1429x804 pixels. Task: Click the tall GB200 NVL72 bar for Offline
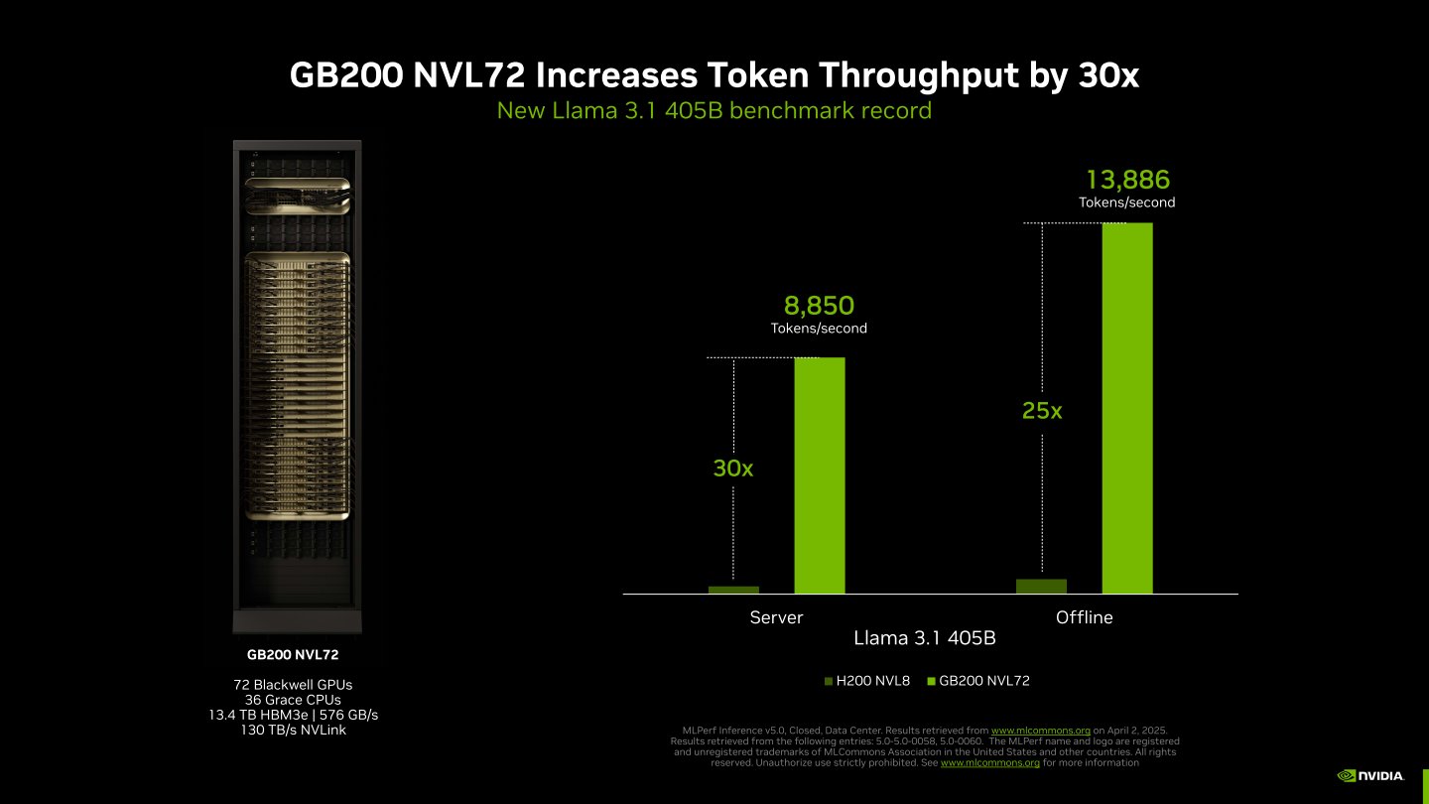[x=1127, y=408]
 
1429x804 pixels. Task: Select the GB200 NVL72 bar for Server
[x=819, y=475]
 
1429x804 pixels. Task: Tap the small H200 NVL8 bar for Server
[x=733, y=590]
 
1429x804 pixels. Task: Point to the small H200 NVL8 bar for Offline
[x=1041, y=587]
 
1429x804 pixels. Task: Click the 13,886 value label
[x=1127, y=180]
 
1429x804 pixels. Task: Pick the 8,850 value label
[x=819, y=306]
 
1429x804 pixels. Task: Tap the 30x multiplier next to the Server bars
[x=733, y=469]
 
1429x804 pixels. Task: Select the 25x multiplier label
[x=1042, y=410]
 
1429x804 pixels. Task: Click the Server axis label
[x=776, y=617]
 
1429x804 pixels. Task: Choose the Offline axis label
[x=1085, y=617]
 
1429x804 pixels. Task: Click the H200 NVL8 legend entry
[x=867, y=681]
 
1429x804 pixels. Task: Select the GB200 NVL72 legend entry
[x=977, y=681]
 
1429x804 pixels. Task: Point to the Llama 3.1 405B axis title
[x=925, y=638]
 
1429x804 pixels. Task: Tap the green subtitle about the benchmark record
[x=714, y=110]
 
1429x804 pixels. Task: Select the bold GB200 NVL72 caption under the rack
[x=299, y=655]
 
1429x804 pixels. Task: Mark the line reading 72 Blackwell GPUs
[x=299, y=685]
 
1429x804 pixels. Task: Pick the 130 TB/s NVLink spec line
[x=299, y=731]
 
